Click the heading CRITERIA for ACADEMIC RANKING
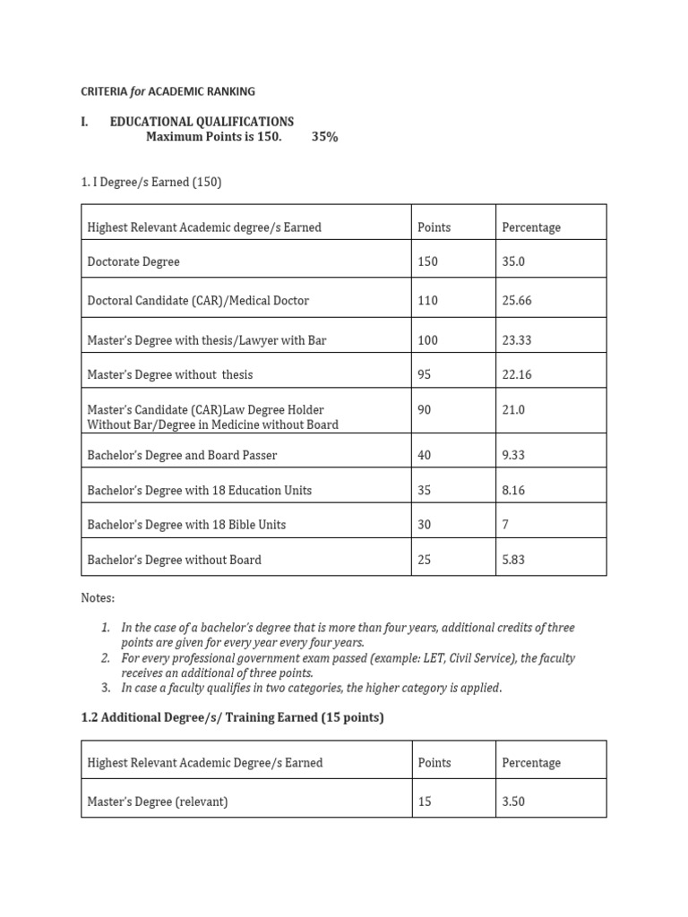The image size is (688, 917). point(168,91)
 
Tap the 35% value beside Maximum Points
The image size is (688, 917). point(325,137)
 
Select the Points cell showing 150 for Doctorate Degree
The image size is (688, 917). point(428,262)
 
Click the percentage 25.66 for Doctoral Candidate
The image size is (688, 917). point(517,301)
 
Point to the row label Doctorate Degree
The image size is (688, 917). point(133,262)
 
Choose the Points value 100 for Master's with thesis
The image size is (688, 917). point(428,340)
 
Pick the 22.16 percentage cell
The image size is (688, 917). point(517,375)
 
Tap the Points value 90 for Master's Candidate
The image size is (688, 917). point(425,409)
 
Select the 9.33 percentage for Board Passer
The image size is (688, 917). point(514,456)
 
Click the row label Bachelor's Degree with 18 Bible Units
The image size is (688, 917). point(186,525)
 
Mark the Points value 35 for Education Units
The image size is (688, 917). point(425,491)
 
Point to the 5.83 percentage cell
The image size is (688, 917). point(514,561)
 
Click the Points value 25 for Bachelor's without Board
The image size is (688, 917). point(425,561)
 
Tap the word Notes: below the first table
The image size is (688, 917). point(98,597)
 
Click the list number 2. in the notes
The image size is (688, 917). point(106,658)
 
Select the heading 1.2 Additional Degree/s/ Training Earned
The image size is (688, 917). point(232,718)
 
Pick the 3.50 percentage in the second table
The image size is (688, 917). point(514,802)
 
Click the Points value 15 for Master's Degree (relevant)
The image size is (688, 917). point(425,802)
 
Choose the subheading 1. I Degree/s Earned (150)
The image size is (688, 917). point(150,183)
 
